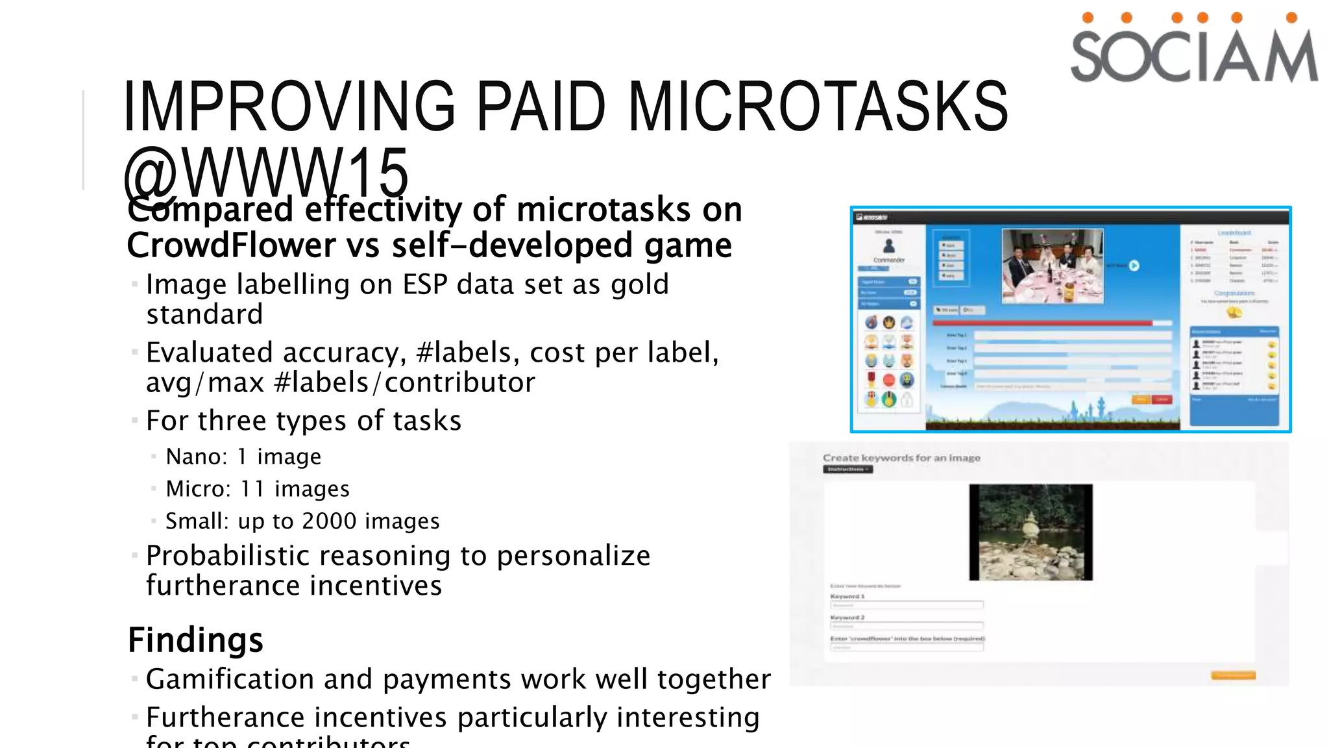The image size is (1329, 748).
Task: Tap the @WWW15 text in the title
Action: [x=266, y=171]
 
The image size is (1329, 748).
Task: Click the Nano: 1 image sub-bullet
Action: [x=243, y=456]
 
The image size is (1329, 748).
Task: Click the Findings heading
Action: [x=195, y=640]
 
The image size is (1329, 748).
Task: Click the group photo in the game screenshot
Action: [x=1052, y=266]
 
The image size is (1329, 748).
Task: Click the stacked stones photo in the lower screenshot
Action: [x=1030, y=532]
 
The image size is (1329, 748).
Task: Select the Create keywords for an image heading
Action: [x=901, y=458]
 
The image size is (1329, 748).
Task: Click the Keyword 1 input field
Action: [x=907, y=605]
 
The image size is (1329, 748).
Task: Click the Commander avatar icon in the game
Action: [x=889, y=246]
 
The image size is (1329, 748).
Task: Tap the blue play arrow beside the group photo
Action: [x=1134, y=266]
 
